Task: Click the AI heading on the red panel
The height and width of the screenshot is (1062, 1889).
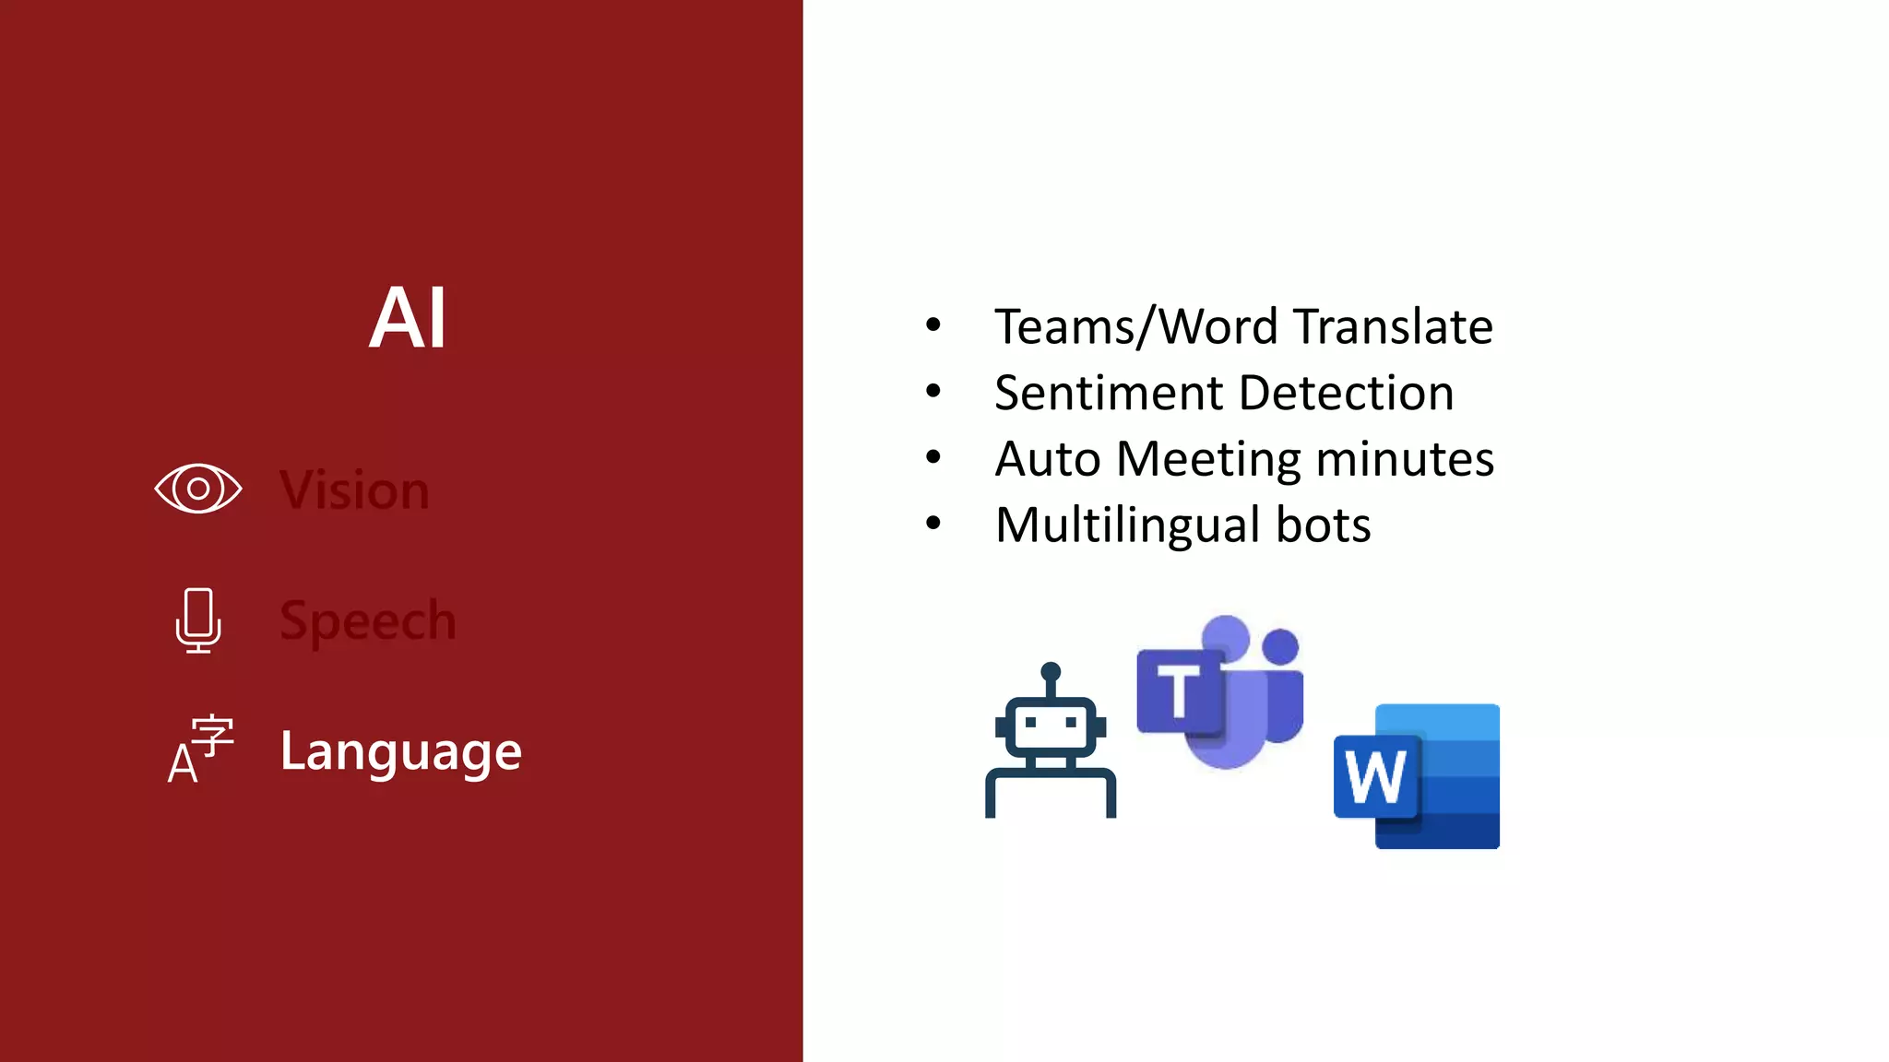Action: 408,318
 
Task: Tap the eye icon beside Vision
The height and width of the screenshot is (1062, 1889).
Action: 198,489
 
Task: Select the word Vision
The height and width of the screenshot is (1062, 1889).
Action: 355,490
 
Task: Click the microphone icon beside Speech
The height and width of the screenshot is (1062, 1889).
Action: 198,619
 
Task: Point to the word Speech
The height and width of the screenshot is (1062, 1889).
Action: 368,620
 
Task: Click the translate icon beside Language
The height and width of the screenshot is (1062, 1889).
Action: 200,749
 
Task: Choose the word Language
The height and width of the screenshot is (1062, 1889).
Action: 401,751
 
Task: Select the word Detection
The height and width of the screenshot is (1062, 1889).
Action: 1347,393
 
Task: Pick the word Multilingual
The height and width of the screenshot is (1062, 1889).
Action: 1127,525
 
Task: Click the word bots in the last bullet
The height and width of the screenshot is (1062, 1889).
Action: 1324,525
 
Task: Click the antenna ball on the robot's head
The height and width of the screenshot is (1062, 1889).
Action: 1051,671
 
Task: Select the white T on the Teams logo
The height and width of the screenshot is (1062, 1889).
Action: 1178,690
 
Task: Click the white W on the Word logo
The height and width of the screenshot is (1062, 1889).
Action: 1375,776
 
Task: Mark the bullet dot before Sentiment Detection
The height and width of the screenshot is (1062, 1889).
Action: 933,392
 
